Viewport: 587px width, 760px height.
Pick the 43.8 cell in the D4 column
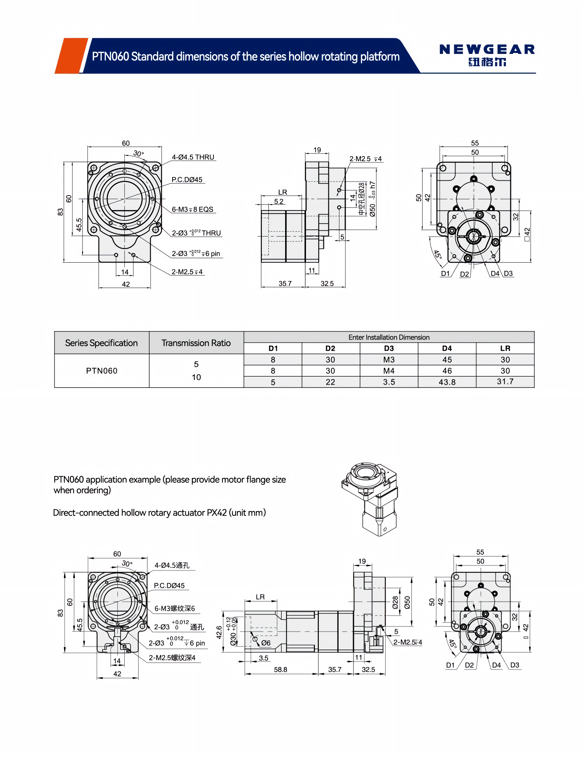pyautogui.click(x=447, y=382)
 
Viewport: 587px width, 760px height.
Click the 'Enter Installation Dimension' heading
pyautogui.click(x=389, y=337)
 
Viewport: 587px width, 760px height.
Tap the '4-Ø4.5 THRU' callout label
pyautogui.click(x=193, y=157)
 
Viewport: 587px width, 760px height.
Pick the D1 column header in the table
pyautogui.click(x=273, y=348)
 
